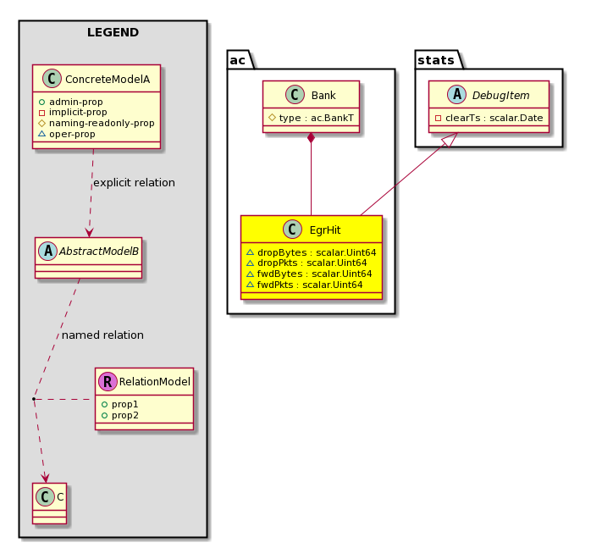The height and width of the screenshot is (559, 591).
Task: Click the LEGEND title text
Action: [x=113, y=32]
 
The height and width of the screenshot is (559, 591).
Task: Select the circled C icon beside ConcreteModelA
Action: [x=52, y=79]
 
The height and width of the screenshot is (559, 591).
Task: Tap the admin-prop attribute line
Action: [x=70, y=102]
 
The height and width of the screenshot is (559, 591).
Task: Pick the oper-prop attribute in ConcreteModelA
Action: [x=67, y=134]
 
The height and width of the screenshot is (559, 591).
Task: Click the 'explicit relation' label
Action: [x=134, y=183]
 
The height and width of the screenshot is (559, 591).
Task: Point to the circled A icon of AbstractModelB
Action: [x=48, y=251]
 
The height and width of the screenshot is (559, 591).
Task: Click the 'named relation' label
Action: [x=102, y=335]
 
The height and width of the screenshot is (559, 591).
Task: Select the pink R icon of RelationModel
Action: [x=108, y=381]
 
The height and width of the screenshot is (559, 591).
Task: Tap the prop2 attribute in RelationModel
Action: [x=120, y=415]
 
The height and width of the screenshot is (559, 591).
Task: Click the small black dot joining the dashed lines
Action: [x=34, y=398]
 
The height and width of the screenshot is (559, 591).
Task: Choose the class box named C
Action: [x=49, y=504]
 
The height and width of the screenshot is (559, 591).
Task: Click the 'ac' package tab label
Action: [x=237, y=60]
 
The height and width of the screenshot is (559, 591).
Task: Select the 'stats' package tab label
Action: [x=436, y=60]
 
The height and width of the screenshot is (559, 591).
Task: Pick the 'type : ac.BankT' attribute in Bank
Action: [x=311, y=118]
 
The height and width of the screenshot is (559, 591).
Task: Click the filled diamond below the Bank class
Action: [x=311, y=138]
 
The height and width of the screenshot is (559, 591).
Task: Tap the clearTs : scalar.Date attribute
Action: [x=489, y=118]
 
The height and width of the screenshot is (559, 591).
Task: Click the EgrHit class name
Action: [x=325, y=230]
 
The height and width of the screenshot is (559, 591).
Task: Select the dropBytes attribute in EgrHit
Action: [x=312, y=252]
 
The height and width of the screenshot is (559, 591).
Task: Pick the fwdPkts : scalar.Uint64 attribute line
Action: [x=305, y=285]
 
